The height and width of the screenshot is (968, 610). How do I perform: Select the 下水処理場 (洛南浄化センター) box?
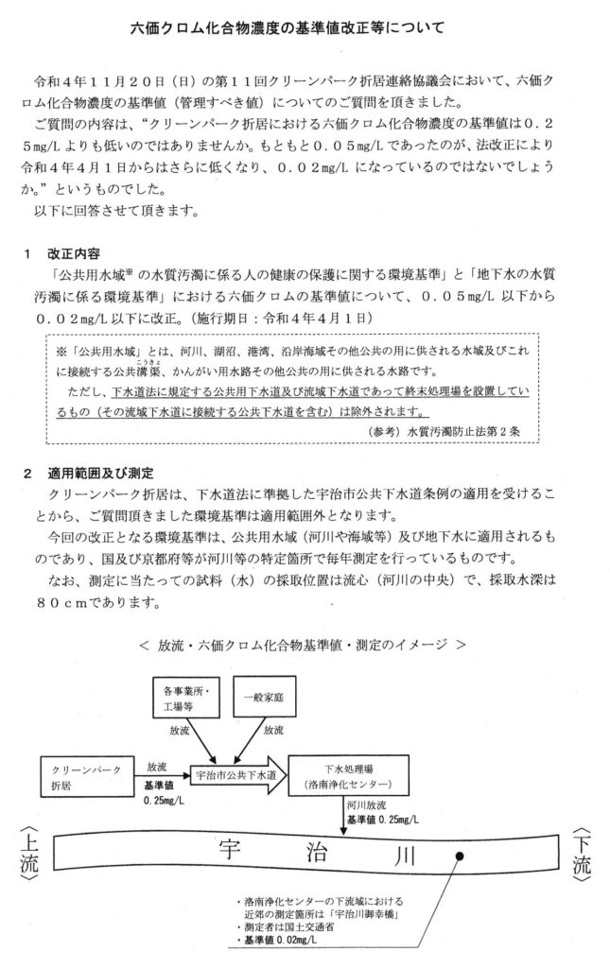click(x=346, y=776)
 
